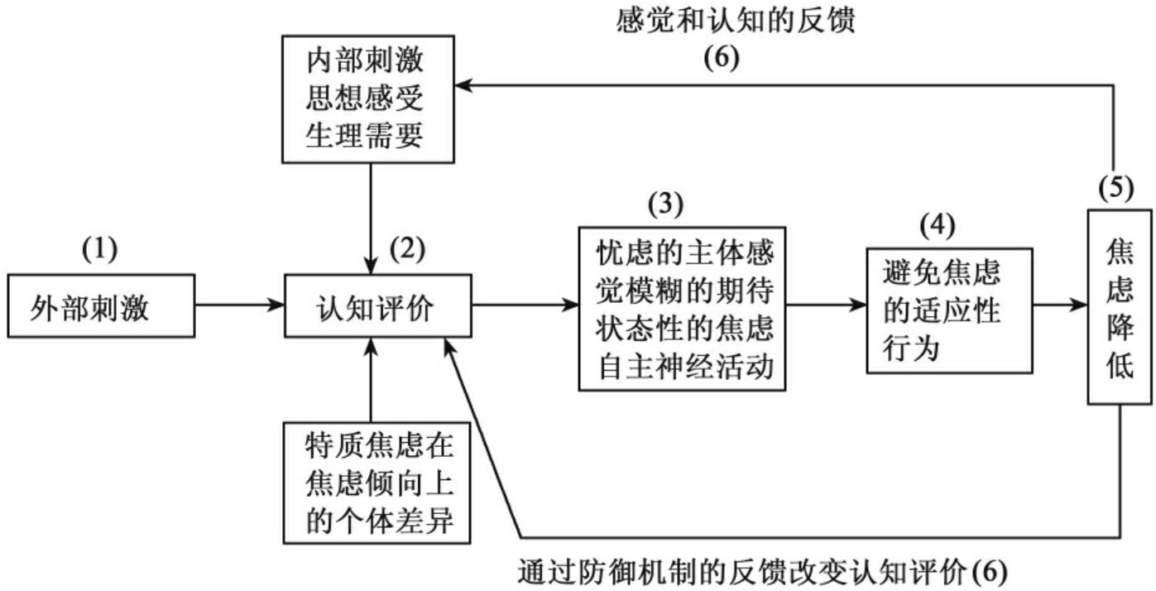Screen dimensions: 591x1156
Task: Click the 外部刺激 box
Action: tap(102, 309)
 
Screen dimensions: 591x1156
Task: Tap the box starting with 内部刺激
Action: tap(366, 99)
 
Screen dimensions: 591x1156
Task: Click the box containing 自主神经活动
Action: tap(682, 307)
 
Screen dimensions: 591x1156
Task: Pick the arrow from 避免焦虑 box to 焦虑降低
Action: tap(1061, 306)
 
